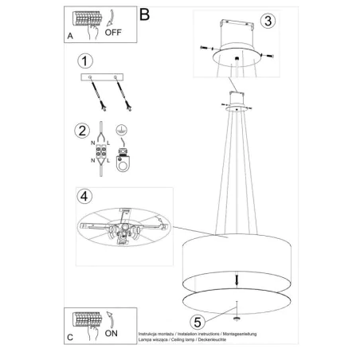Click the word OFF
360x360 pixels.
pyautogui.click(x=114, y=34)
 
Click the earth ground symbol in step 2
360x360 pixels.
pyautogui.click(x=120, y=129)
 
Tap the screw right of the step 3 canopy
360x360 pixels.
pyautogui.click(x=272, y=55)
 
